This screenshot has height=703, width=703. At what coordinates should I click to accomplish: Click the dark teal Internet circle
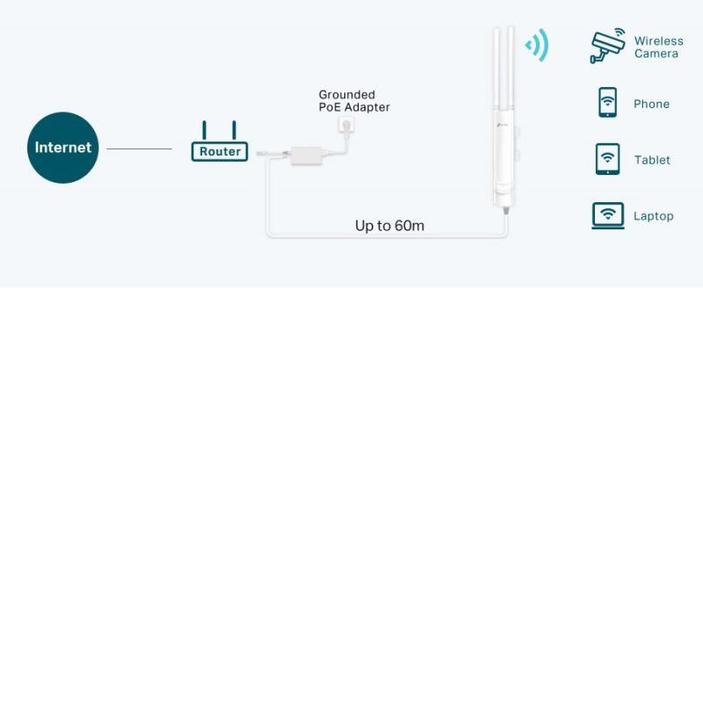click(62, 148)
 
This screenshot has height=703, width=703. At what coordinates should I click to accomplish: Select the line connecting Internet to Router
click(139, 149)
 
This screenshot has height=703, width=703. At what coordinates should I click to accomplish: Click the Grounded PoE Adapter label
click(353, 101)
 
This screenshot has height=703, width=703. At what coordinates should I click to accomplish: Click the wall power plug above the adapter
click(346, 128)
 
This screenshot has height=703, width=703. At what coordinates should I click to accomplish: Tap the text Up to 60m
click(389, 226)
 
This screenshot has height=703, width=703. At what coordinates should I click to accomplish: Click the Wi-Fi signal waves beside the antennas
click(537, 45)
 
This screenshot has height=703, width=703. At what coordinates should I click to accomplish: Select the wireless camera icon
click(607, 46)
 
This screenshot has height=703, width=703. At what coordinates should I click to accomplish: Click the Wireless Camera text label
click(657, 47)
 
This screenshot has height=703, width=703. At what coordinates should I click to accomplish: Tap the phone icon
click(607, 102)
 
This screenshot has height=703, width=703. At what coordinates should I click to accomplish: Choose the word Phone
click(651, 104)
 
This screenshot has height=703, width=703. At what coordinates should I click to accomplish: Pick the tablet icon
click(607, 159)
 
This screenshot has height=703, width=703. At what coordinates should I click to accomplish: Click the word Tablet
click(652, 160)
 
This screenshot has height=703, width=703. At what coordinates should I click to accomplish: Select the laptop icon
click(607, 215)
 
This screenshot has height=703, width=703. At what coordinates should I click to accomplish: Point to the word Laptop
click(653, 216)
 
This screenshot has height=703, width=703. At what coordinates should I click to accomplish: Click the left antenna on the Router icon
click(205, 130)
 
